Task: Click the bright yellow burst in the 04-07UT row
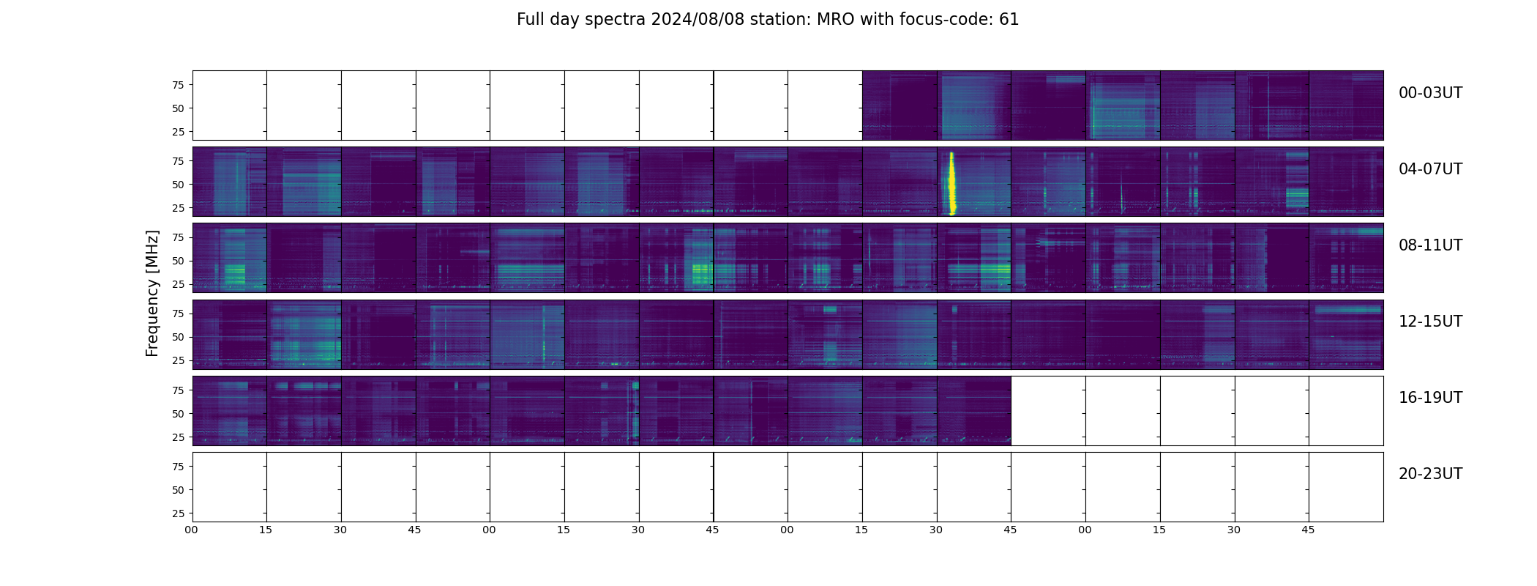[x=951, y=183]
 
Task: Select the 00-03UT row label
[x=1430, y=93]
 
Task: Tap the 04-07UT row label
[x=1430, y=169]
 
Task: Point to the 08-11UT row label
[x=1430, y=245]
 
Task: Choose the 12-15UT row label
[x=1430, y=322]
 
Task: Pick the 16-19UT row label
[x=1430, y=398]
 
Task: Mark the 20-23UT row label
[x=1430, y=474]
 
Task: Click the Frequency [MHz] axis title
[x=152, y=293]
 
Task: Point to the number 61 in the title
[x=1009, y=20]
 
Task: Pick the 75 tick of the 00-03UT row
[x=178, y=85]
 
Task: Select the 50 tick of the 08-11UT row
[x=178, y=261]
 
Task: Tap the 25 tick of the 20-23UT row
[x=178, y=513]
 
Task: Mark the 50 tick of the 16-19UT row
[x=178, y=414]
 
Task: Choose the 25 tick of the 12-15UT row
[x=178, y=360]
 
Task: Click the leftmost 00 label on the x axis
[x=191, y=530]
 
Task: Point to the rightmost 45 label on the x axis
[x=1308, y=530]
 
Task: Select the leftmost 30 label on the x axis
[x=340, y=530]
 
